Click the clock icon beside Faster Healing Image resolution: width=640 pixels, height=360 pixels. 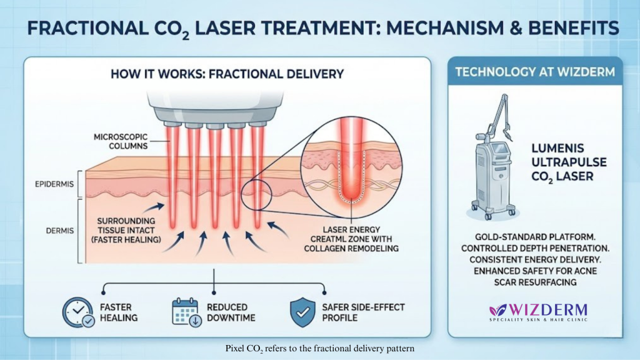click(x=77, y=311)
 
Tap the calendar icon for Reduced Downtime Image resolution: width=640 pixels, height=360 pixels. click(x=185, y=311)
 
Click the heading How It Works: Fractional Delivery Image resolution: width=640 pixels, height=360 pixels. click(x=227, y=74)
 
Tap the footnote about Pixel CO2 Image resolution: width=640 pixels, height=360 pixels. click(x=320, y=347)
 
